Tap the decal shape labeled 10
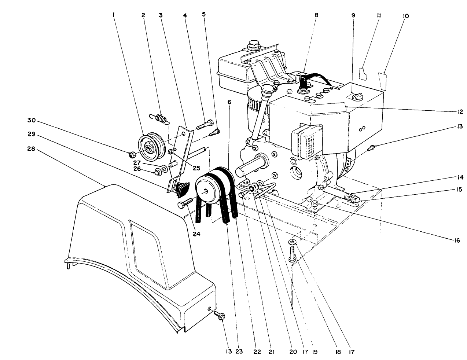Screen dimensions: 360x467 point(382,81)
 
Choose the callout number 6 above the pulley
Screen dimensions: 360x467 point(229,103)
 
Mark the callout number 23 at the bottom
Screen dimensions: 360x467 point(239,352)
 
